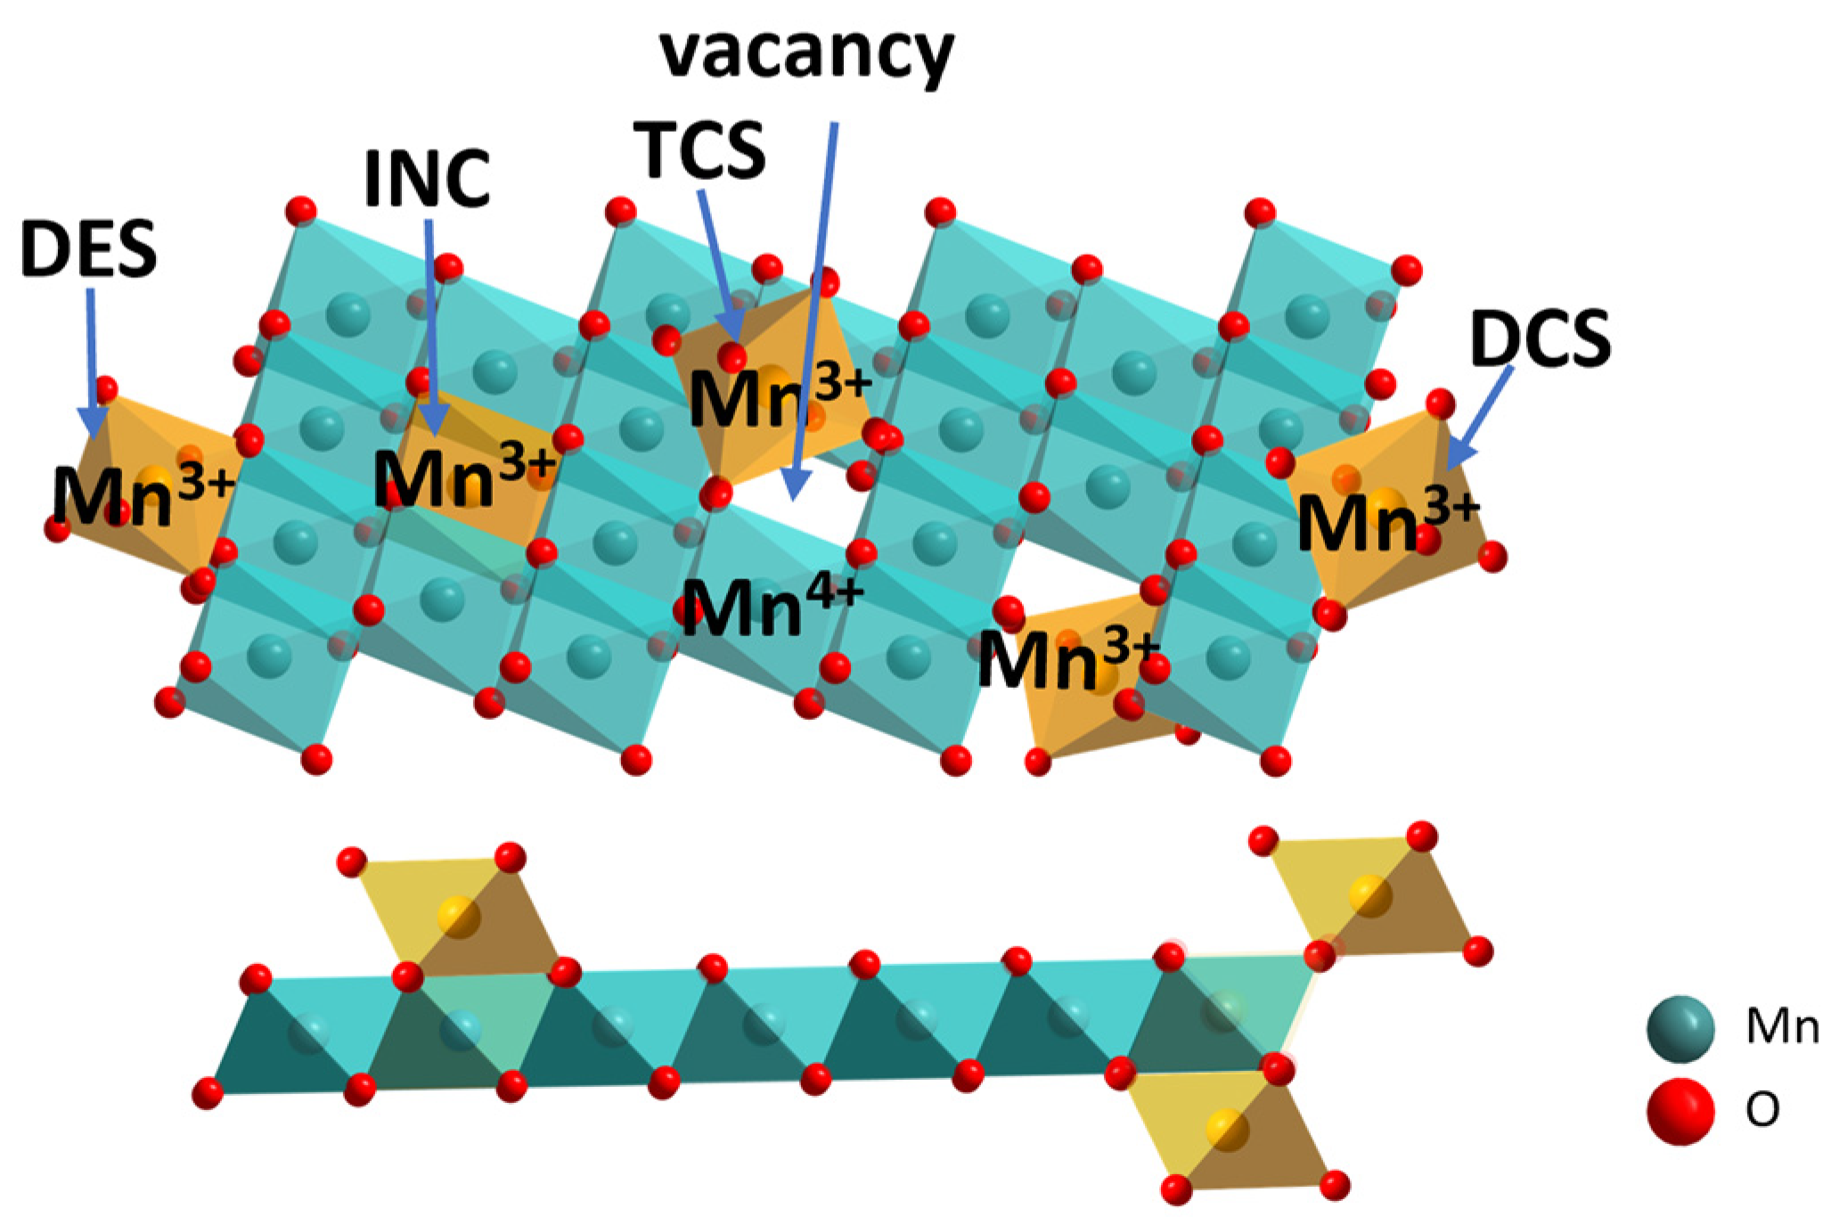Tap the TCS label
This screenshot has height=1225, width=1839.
(x=700, y=151)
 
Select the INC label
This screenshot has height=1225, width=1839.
(x=428, y=179)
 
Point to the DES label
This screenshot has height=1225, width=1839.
(x=88, y=250)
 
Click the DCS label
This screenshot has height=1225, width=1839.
(x=1541, y=339)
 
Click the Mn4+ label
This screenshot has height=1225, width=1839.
(x=772, y=605)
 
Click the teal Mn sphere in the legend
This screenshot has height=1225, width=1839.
(x=1680, y=1029)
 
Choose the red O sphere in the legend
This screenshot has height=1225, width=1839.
(x=1680, y=1110)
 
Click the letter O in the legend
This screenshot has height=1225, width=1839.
(x=1762, y=1110)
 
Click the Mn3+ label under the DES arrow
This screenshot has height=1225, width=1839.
(x=143, y=494)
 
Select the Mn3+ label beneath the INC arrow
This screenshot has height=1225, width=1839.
(x=463, y=477)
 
